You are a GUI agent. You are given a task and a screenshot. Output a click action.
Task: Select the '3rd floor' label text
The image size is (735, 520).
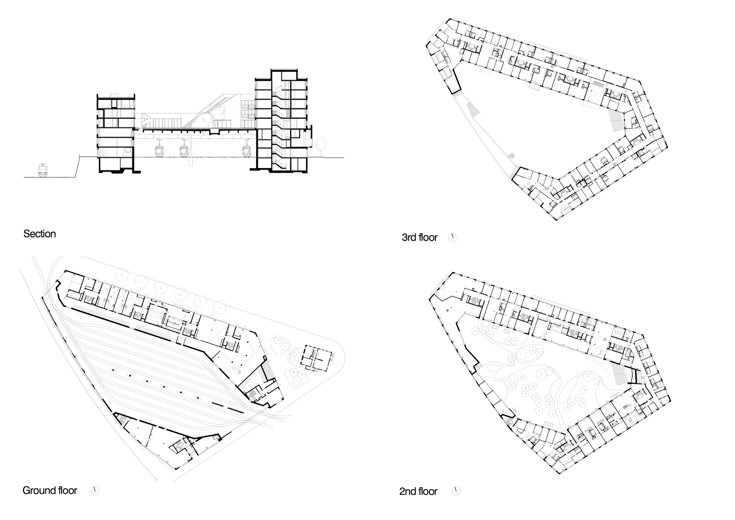(419, 237)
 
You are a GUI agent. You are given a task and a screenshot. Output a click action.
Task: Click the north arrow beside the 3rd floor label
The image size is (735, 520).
(453, 237)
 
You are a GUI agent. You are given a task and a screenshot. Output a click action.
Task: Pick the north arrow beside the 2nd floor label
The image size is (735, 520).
(456, 491)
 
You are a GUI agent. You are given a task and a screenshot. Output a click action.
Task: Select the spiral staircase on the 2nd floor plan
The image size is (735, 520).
(515, 409)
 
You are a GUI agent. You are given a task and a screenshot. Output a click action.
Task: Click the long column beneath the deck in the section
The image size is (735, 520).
(191, 149)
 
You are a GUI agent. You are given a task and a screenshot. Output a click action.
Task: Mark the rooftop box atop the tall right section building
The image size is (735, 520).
(289, 75)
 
